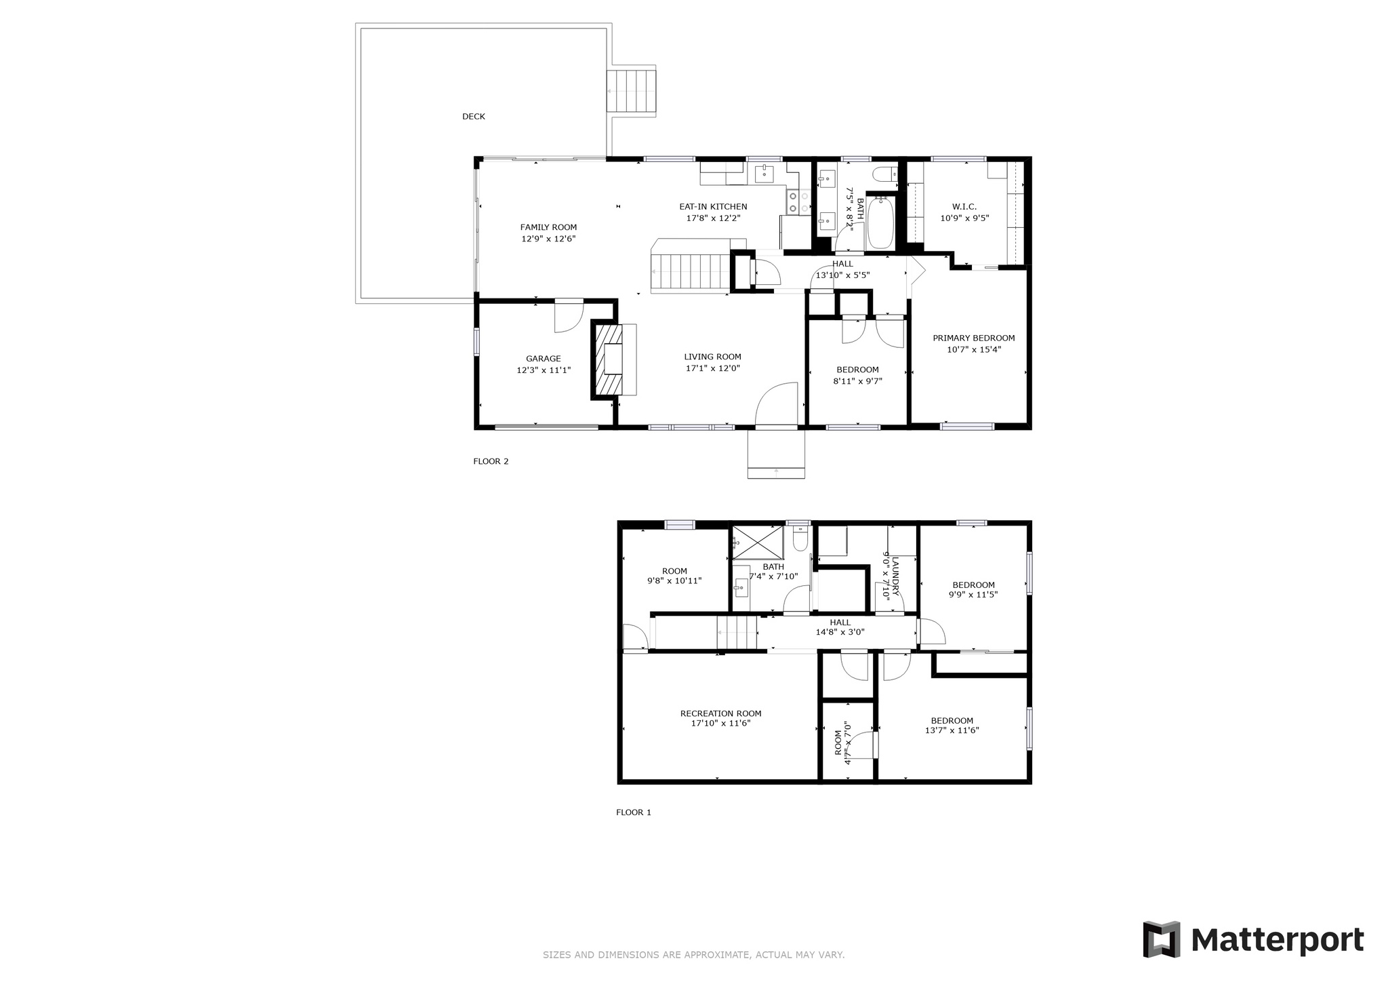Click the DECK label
click(x=474, y=117)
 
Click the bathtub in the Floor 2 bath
click(x=881, y=222)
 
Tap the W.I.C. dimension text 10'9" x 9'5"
click(x=964, y=218)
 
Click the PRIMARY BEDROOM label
click(x=974, y=338)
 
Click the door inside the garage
click(x=569, y=315)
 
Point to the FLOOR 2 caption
click(x=491, y=462)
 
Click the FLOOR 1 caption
click(x=634, y=812)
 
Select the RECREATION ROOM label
click(x=721, y=713)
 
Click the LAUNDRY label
click(x=895, y=576)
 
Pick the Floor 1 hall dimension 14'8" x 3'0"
click(x=840, y=632)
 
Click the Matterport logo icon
click(x=1162, y=939)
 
